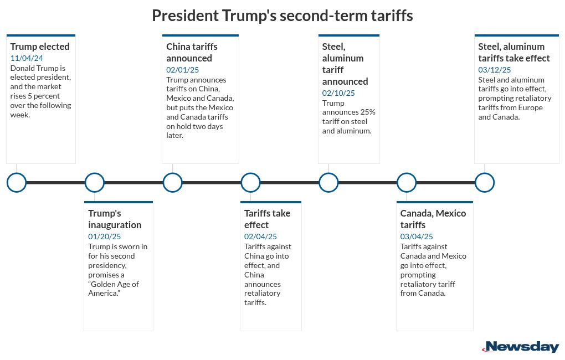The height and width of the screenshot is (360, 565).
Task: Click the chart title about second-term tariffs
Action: (282, 16)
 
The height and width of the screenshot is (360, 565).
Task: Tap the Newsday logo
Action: (521, 347)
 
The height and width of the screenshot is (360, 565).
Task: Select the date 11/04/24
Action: (27, 58)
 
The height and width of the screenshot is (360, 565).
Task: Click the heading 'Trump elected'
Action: (40, 47)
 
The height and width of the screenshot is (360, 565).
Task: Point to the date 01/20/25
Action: (105, 236)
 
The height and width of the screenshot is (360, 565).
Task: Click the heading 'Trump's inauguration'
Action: (115, 219)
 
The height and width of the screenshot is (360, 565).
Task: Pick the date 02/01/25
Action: (183, 70)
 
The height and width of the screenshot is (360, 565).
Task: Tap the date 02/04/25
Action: (261, 236)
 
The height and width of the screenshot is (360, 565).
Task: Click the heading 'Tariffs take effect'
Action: (267, 219)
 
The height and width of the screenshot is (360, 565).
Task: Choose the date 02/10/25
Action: (339, 93)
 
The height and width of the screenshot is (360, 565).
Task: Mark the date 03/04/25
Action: (417, 236)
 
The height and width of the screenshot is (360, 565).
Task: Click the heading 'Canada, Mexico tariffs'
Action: (433, 219)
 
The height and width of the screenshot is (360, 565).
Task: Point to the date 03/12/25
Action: (495, 70)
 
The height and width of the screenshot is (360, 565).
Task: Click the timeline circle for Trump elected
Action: (17, 182)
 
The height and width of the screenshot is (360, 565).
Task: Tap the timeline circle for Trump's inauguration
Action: (95, 182)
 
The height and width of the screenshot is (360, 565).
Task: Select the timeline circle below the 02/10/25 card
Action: (328, 182)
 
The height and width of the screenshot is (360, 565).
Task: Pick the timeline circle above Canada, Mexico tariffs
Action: (407, 182)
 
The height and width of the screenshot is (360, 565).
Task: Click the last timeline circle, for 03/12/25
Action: (485, 182)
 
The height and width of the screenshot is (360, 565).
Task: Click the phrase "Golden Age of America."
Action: (113, 288)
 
